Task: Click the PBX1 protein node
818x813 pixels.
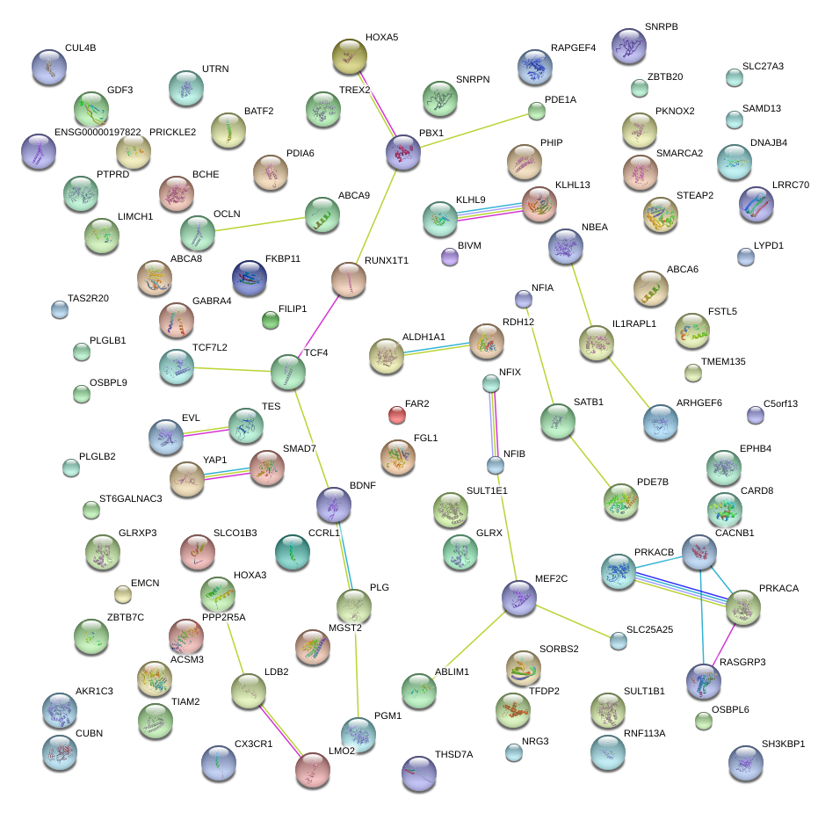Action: click(x=403, y=153)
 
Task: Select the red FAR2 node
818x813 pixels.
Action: click(x=397, y=414)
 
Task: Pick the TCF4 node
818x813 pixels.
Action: click(x=288, y=373)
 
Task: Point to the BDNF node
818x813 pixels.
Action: click(x=333, y=504)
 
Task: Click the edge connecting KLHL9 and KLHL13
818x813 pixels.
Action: click(x=489, y=212)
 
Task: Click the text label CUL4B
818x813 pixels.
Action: click(x=80, y=48)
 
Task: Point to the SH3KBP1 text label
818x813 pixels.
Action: click(x=783, y=744)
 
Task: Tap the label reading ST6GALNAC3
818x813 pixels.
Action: click(x=130, y=498)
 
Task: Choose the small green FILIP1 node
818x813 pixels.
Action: click(x=271, y=321)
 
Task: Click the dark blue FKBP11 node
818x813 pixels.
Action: click(x=250, y=278)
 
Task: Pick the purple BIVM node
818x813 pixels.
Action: click(x=449, y=257)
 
